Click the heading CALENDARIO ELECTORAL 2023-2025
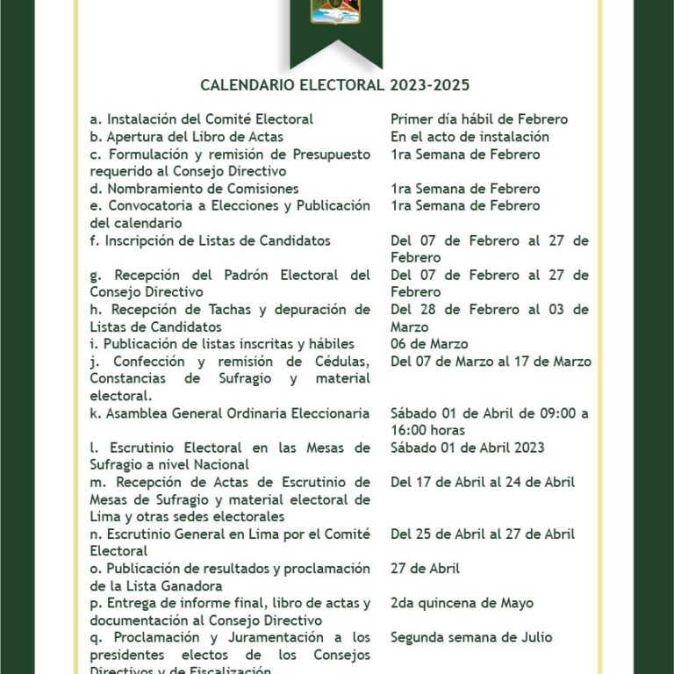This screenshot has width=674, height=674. tap(335, 85)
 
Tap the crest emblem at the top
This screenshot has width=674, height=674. tap(335, 11)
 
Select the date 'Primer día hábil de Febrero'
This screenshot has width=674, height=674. tap(479, 119)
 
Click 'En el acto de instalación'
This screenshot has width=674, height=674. tap(470, 137)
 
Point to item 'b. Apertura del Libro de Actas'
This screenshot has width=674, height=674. tap(186, 137)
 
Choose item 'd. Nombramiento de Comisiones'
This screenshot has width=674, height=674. tap(194, 189)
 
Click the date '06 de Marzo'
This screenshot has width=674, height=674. tap(429, 344)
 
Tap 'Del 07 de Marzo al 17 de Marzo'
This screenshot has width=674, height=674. tap(491, 362)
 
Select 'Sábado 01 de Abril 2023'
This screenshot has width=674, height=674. tap(468, 448)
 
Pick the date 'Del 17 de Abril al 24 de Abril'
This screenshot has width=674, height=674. tap(483, 482)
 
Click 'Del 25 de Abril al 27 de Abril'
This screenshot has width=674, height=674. tap(483, 534)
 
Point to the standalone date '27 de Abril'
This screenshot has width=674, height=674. tap(425, 569)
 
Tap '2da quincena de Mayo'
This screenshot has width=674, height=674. tap(462, 603)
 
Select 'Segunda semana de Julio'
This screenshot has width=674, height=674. tap(471, 637)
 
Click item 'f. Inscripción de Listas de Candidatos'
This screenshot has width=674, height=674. tap(210, 240)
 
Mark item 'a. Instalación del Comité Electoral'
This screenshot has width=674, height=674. tap(202, 119)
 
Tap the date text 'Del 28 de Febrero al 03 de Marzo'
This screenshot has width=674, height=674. tap(489, 318)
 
